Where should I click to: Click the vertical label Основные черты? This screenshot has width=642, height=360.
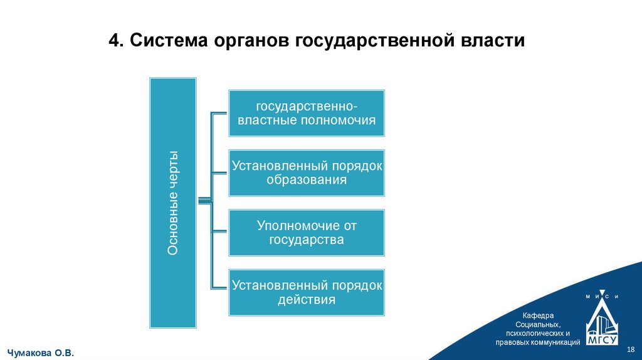coord(173,203)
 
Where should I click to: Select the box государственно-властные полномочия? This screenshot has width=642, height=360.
coord(307,113)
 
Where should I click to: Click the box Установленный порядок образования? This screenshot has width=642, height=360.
coord(307,172)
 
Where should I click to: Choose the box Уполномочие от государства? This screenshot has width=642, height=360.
coord(307,232)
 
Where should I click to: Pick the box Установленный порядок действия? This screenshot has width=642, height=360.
coord(307,292)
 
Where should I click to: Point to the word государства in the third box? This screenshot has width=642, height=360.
coord(307,240)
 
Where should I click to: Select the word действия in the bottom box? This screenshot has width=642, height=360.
coord(307,300)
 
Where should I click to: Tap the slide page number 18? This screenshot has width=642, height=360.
coord(631,349)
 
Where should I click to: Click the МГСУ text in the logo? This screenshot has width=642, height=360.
coord(602,341)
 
